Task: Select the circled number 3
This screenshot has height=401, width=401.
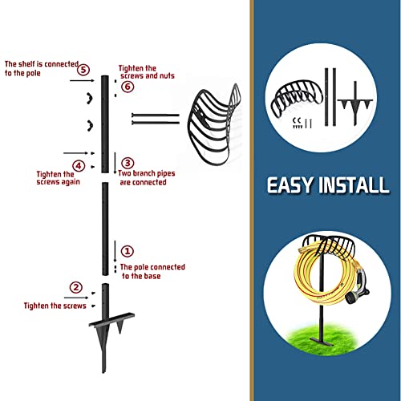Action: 127,163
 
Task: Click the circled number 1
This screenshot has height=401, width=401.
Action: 128,251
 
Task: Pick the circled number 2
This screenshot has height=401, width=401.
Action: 75,287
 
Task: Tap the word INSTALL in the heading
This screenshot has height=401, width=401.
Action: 357,186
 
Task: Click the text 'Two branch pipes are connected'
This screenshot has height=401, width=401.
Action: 143,178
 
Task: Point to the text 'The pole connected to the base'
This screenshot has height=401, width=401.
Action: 152,271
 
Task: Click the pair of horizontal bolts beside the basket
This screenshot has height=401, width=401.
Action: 154,119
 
